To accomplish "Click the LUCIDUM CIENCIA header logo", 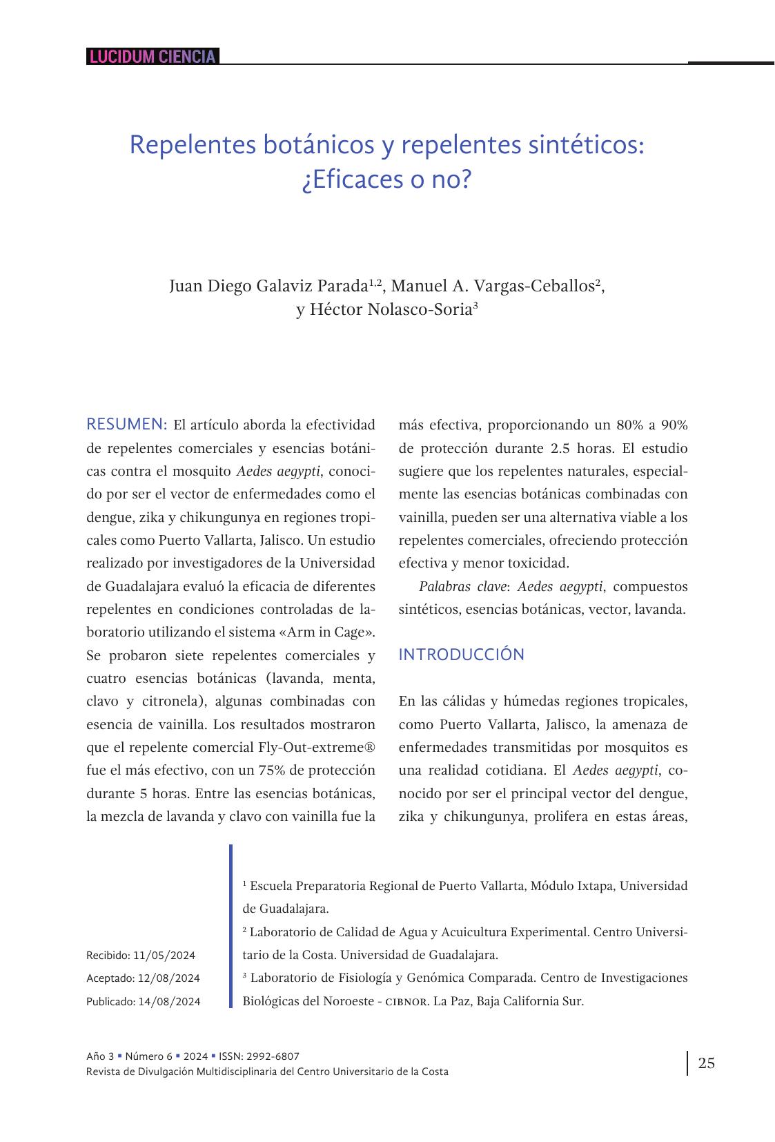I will (153, 57).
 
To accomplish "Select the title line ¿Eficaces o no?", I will (386, 180).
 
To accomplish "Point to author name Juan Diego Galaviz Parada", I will (268, 286).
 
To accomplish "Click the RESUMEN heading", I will (127, 424).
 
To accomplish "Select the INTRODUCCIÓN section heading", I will (461, 655).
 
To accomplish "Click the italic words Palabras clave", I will (462, 586).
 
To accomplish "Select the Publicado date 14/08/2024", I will (169, 1002).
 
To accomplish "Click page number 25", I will (707, 1063).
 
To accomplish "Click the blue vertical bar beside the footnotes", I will (230, 926).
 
